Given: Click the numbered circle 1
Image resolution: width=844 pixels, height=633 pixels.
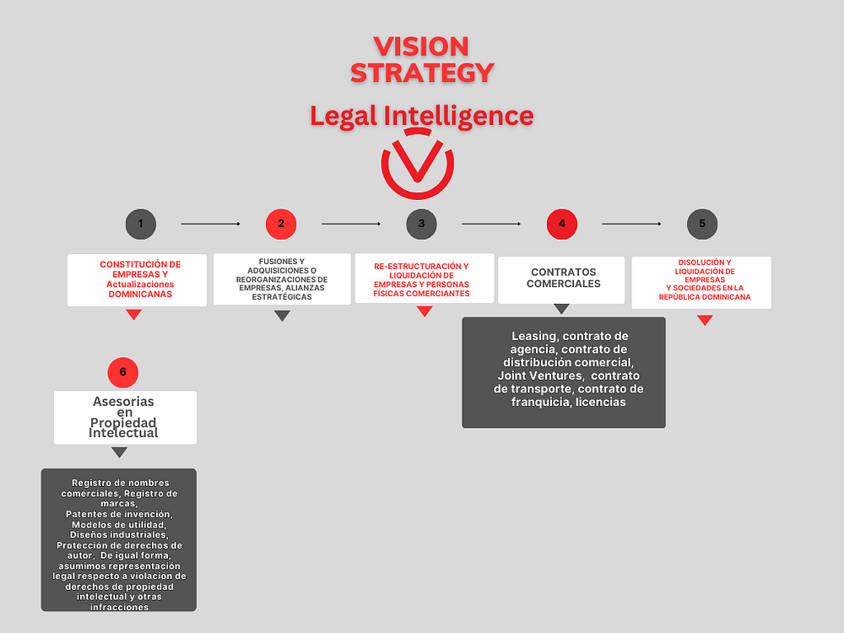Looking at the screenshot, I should tap(140, 224).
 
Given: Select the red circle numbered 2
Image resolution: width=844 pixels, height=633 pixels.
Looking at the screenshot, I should tap(280, 224).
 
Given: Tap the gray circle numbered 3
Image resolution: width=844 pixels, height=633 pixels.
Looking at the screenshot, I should tap(421, 224).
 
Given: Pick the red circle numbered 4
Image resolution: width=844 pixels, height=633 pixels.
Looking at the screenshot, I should tap(561, 224).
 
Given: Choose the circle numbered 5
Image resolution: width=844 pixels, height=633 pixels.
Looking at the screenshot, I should tap(701, 224).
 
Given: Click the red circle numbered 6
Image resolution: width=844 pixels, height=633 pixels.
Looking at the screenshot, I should tap(122, 371).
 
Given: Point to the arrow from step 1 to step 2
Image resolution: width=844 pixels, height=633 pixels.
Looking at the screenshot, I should tap(210, 224).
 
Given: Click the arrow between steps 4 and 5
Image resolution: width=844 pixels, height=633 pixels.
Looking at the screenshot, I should tap(631, 224).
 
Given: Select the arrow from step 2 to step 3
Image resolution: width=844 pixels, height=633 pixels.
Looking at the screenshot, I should tap(351, 224).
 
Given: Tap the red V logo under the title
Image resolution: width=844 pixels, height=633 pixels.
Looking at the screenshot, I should tap(417, 165).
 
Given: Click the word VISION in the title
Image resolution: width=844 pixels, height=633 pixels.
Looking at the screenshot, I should tap(421, 46).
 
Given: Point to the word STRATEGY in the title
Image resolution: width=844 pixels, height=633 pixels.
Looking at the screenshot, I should tap(421, 73).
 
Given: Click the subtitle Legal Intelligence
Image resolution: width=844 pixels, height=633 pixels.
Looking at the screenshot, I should tap(421, 115).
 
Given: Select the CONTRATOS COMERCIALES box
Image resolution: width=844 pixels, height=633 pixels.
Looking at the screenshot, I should tap(562, 279).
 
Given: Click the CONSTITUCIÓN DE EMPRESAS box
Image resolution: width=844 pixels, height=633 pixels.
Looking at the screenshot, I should tap(138, 279).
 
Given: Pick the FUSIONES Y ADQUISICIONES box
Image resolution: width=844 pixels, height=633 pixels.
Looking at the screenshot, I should tap(282, 279).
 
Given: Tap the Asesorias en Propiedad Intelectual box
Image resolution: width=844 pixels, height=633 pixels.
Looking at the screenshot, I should tap(125, 417).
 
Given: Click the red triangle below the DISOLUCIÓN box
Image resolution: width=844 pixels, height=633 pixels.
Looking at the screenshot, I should tap(705, 320).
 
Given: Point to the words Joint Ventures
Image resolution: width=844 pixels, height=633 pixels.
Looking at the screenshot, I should tap(540, 376).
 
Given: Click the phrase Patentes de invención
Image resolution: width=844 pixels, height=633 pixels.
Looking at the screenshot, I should tap(119, 514).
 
